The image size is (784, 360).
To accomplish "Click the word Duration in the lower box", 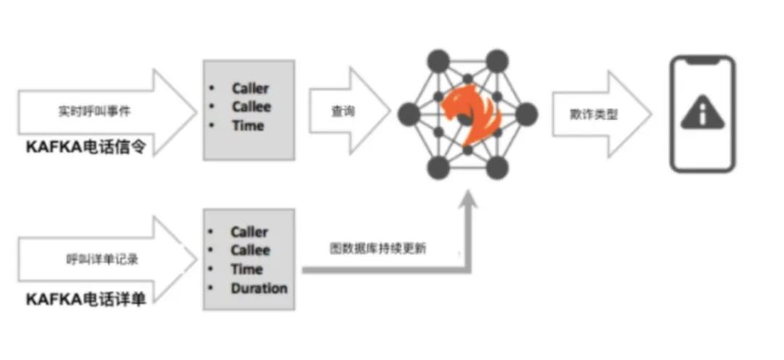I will [x=259, y=288].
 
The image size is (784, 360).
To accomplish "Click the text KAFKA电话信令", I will [x=86, y=147].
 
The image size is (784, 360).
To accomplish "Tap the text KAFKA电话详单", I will [x=86, y=299].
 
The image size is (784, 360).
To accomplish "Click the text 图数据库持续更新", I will [x=378, y=248].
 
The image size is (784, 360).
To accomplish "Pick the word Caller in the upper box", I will [x=250, y=89].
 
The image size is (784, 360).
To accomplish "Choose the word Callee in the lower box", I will [x=250, y=250].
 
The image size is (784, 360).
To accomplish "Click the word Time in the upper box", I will [x=248, y=126].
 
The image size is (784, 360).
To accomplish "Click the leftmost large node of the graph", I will [x=409, y=114].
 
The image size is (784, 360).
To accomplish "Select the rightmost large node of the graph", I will [x=527, y=114].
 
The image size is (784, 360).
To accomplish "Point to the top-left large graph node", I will [x=438, y=61].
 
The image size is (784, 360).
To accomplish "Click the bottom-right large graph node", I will [x=497, y=168].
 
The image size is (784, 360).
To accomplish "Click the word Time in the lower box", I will [x=247, y=269].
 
